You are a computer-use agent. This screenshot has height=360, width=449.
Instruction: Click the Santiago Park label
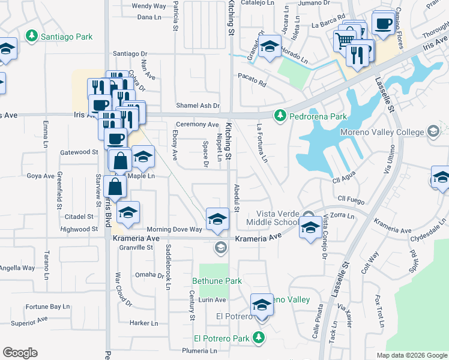pyautogui.click(x=66, y=37)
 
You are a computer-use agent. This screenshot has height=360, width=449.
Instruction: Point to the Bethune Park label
pyautogui.click(x=217, y=281)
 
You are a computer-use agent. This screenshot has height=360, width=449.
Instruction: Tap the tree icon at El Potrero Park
pyautogui.click(x=259, y=338)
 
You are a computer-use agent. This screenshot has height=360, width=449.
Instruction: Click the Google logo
pyautogui.click(x=20, y=353)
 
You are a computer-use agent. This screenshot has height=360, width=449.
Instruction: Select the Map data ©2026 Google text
pyautogui.click(x=412, y=355)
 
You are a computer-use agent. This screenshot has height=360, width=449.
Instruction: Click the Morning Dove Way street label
pyautogui.click(x=175, y=229)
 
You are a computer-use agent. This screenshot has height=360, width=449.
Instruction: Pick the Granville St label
pyautogui.click(x=136, y=247)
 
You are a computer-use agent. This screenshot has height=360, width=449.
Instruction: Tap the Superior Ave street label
pyautogui.click(x=29, y=321)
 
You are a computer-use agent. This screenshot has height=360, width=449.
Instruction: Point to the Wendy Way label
pyautogui.click(x=148, y=6)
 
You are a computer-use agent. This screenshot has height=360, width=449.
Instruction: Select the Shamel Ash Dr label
pyautogui.click(x=197, y=106)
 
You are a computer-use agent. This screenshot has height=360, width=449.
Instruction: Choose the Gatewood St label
pyautogui.click(x=79, y=152)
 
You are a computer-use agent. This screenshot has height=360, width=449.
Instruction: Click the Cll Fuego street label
pyautogui.click(x=351, y=199)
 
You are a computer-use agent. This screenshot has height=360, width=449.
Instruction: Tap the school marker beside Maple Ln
pyautogui.click(x=143, y=158)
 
